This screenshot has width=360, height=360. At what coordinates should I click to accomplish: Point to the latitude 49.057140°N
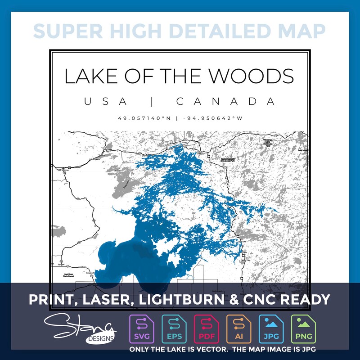(145, 118)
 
